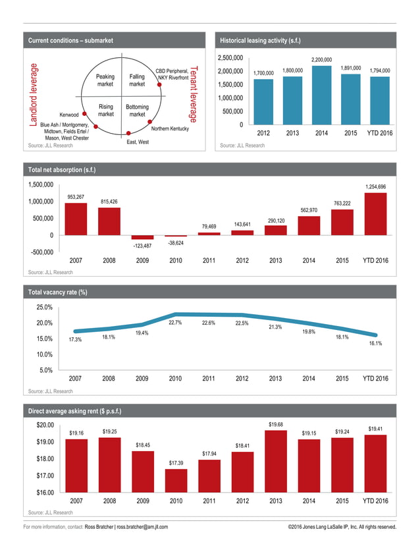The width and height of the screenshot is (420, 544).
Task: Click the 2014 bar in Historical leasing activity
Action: (x=322, y=95)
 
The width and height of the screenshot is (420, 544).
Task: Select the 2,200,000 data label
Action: (x=322, y=60)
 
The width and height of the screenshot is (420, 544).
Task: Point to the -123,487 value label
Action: (x=142, y=246)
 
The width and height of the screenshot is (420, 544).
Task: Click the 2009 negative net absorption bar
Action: (x=142, y=237)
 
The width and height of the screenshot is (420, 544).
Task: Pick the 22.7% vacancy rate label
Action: (x=176, y=323)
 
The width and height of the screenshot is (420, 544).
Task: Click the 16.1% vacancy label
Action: (x=375, y=343)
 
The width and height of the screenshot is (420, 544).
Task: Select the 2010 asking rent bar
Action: (x=176, y=480)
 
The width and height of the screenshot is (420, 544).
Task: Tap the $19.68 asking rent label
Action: (x=276, y=424)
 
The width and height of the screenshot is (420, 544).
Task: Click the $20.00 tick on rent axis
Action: (x=45, y=425)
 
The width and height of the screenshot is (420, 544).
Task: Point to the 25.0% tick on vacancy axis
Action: (x=45, y=308)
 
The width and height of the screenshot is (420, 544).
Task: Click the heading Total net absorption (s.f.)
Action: (x=62, y=170)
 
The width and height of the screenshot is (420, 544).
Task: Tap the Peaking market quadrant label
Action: (x=105, y=80)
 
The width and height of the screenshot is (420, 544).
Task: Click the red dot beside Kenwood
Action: (x=84, y=114)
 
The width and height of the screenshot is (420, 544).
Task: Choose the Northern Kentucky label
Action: (x=170, y=129)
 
